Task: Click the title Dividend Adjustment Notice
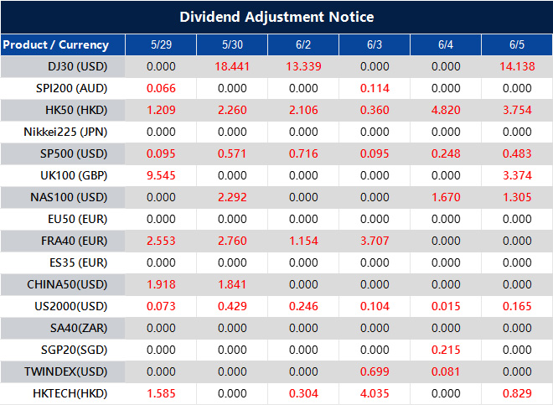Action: (276, 17)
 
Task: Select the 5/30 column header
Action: (232, 44)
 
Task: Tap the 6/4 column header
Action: (446, 44)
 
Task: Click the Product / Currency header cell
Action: (55, 44)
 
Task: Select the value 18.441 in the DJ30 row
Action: (232, 66)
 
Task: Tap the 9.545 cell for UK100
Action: (161, 175)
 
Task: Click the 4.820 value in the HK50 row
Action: (446, 110)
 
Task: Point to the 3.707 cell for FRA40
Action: (375, 241)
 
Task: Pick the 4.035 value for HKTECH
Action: (375, 393)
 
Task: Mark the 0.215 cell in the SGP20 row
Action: (446, 350)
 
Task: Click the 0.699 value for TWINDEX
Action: (375, 371)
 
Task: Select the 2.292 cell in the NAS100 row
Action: (232, 197)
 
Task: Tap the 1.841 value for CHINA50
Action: (232, 284)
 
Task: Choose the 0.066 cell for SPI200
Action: (161, 88)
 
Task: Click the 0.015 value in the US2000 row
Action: (446, 306)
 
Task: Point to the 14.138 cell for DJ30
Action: (517, 66)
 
